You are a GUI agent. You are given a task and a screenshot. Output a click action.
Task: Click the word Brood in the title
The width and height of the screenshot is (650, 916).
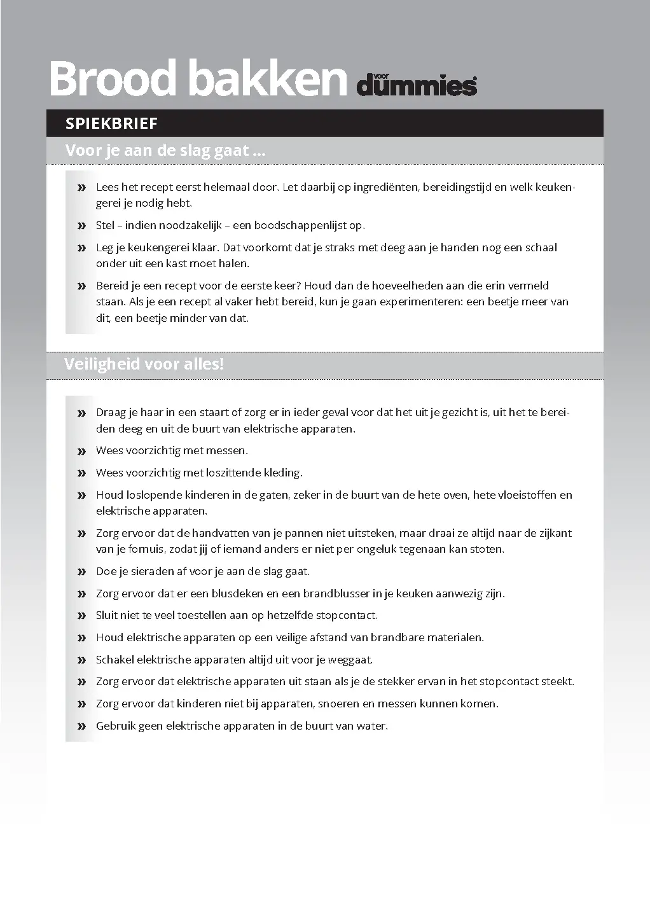coord(113,79)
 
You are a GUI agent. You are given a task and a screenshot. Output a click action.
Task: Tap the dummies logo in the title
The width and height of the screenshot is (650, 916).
coord(417,85)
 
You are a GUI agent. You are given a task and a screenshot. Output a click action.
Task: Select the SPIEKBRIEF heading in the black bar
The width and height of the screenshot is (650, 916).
coord(111,123)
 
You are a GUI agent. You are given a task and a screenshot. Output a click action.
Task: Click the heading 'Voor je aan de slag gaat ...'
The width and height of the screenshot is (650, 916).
coord(165,151)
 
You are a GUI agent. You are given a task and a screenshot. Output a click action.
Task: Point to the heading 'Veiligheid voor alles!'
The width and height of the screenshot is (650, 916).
coord(144,364)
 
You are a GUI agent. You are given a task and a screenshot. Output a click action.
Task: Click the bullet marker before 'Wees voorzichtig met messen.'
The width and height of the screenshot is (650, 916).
coord(81,451)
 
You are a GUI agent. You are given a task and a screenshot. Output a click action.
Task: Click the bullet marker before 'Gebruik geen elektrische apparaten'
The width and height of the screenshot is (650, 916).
coord(81,726)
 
